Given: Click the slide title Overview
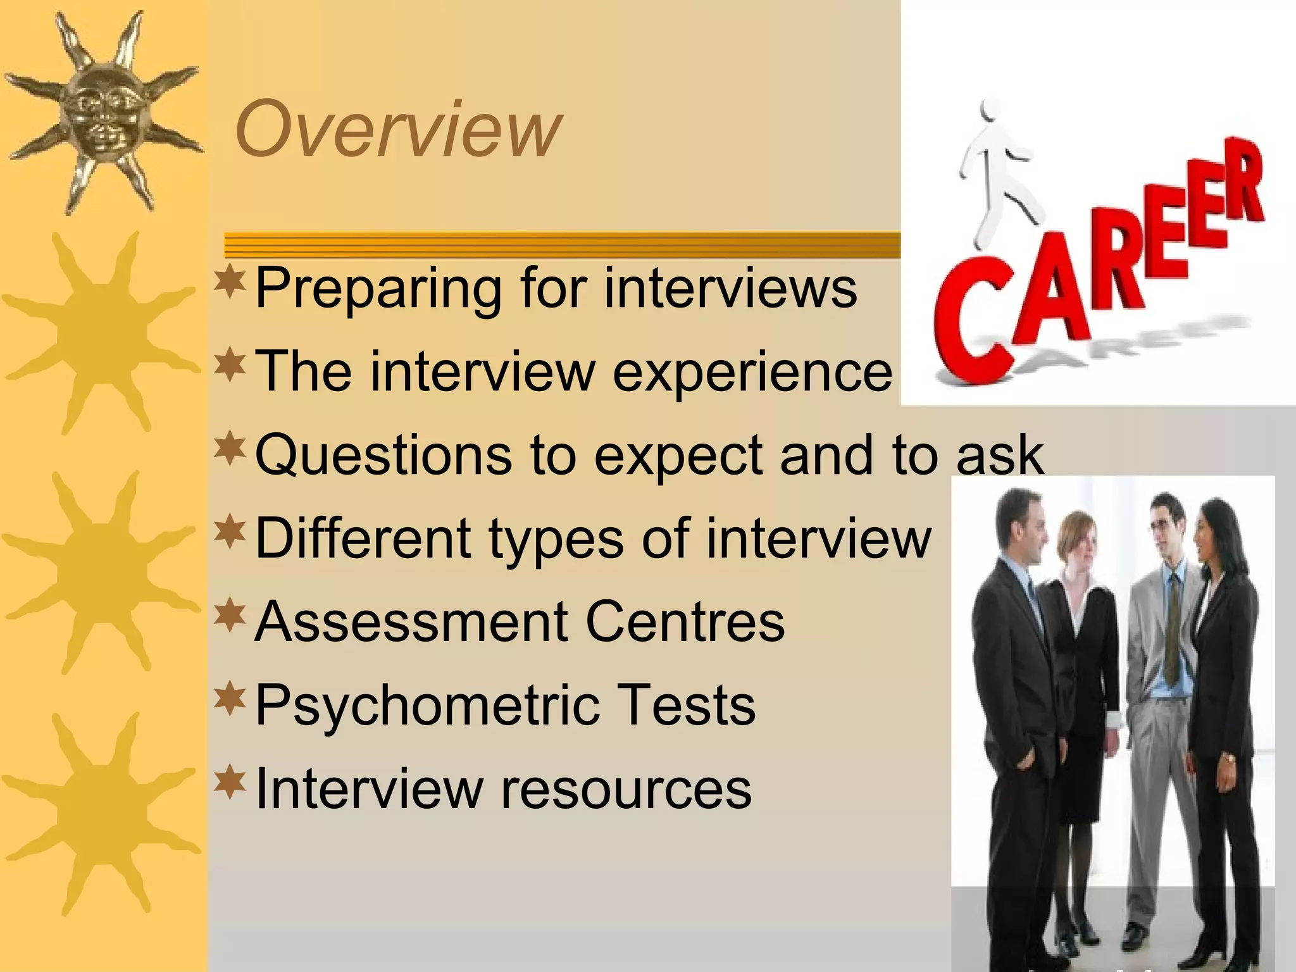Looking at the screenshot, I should (397, 129).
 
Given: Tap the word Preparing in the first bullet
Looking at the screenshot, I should (378, 289).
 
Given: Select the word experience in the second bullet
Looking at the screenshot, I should (752, 372).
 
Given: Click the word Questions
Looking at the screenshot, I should (383, 454).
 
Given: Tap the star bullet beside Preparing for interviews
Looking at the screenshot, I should (229, 283).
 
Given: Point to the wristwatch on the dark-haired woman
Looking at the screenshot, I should (1228, 757).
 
